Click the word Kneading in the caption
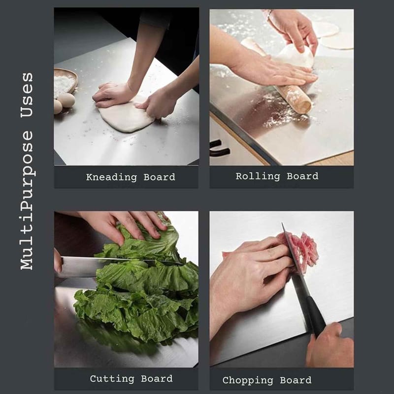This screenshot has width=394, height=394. (x=111, y=177)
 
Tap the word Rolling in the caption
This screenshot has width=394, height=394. (x=258, y=176)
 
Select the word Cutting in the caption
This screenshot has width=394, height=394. (x=112, y=379)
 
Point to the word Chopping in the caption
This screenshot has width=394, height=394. (x=248, y=380)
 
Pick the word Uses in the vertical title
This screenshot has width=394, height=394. (x=27, y=95)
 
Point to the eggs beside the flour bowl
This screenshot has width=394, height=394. (x=64, y=102)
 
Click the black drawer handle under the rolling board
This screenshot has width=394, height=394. (x=219, y=149)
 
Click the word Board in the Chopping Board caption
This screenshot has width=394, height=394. (x=296, y=380)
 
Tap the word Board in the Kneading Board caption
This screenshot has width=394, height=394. (x=159, y=177)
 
